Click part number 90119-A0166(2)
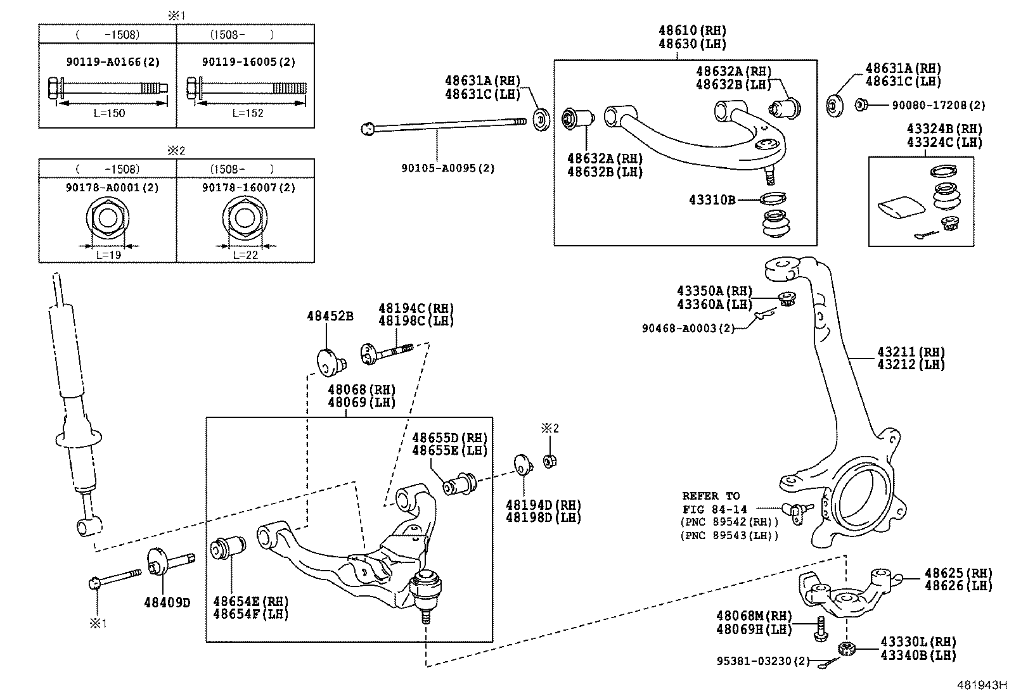(113, 61)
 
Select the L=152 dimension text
(247, 113)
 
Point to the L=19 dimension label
(108, 255)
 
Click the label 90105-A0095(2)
(447, 168)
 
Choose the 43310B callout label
(712, 200)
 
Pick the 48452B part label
(330, 315)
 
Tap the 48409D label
(167, 602)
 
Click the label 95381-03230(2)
(763, 661)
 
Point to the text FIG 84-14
(714, 509)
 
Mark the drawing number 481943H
(982, 685)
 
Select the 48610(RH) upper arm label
(692, 30)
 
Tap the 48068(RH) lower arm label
(361, 389)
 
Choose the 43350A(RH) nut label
(714, 291)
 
